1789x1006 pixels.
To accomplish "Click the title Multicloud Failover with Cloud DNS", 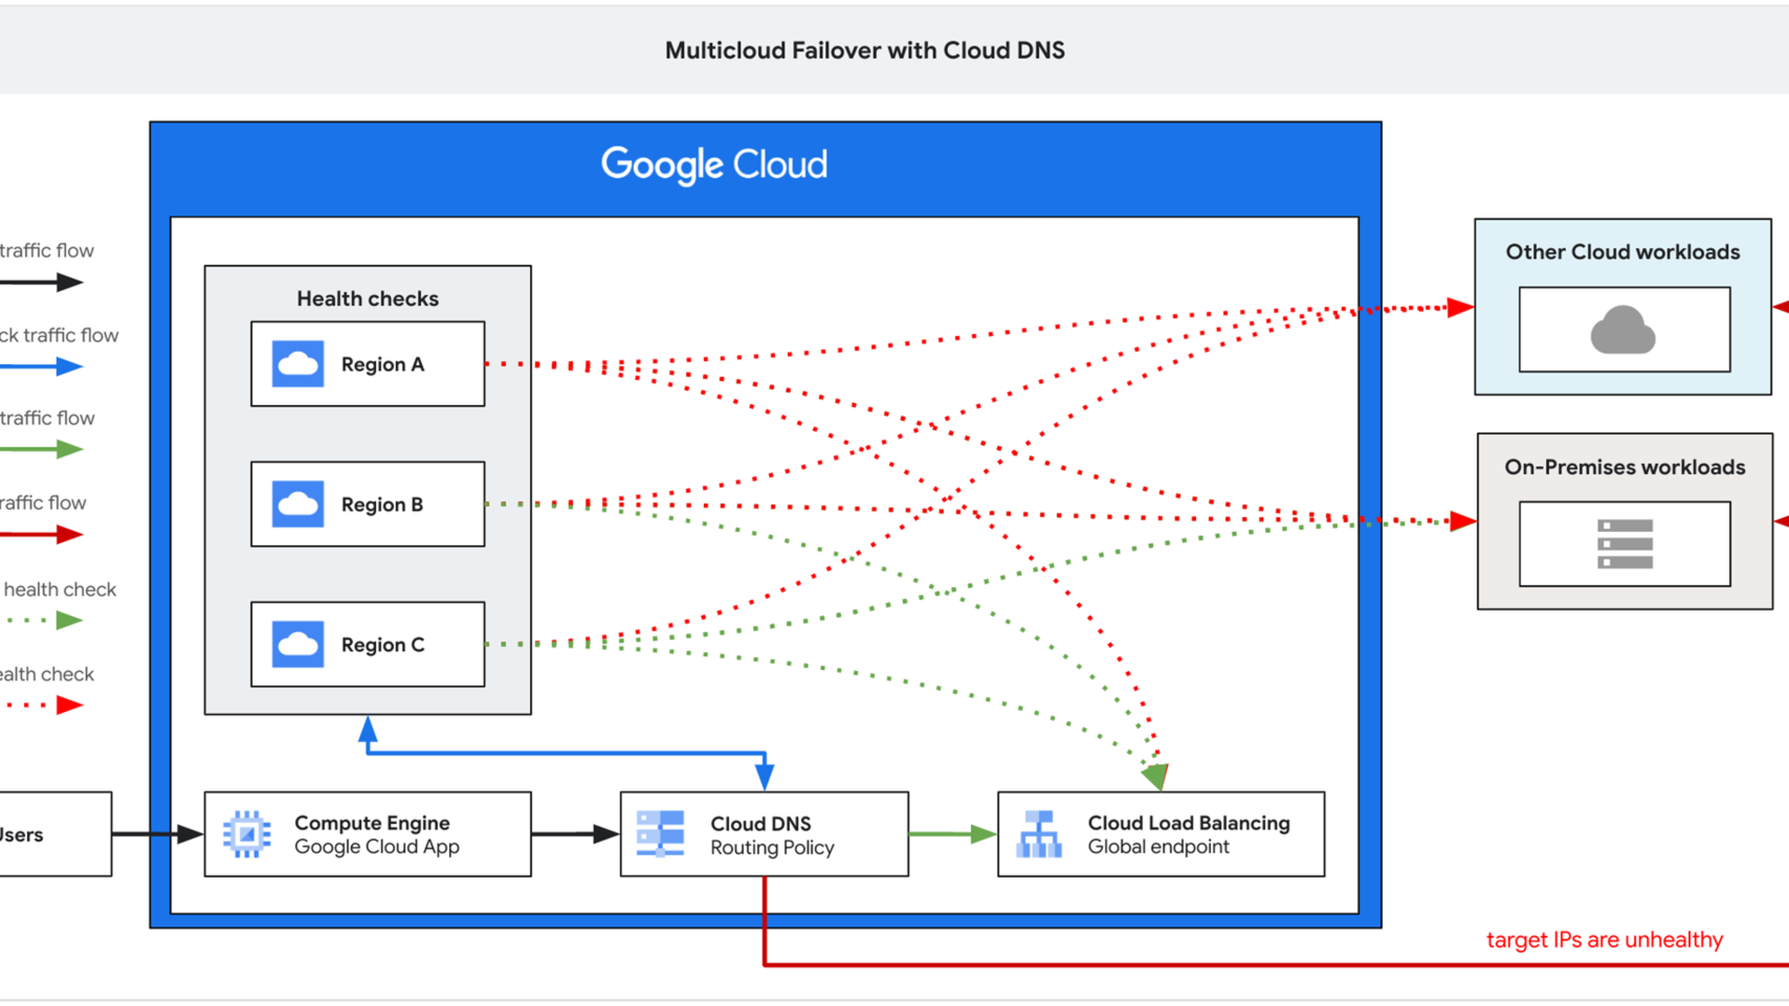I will click(864, 51).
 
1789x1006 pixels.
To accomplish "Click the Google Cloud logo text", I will click(714, 165).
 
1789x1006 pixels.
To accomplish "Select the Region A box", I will click(367, 364).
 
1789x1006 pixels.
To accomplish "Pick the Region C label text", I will click(383, 645).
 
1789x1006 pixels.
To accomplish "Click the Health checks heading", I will click(367, 299).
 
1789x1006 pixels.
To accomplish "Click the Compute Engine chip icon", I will click(246, 834).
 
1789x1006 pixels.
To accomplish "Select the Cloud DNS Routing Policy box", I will click(764, 834).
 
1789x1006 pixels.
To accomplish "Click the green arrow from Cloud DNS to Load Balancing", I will click(951, 834).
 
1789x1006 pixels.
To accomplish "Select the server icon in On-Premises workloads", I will click(1624, 544).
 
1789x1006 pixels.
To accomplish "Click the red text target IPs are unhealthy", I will click(1604, 940).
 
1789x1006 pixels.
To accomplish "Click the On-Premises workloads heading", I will click(1624, 467).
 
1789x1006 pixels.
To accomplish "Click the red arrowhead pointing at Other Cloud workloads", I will click(1460, 308).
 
